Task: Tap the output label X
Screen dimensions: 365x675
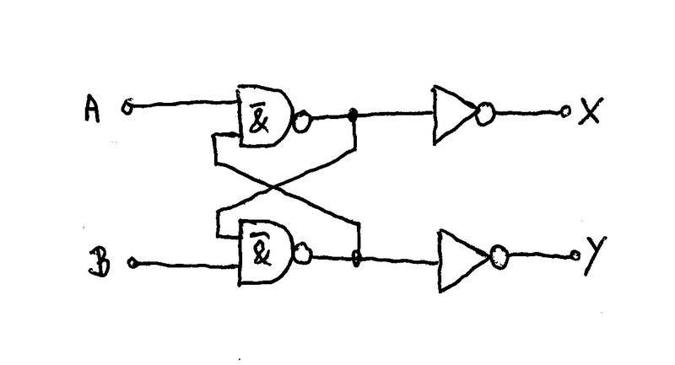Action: coord(589,111)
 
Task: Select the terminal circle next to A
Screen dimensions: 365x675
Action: coord(128,107)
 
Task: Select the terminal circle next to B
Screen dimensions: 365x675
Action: coord(132,263)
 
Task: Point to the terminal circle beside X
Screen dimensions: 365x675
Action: coord(566,111)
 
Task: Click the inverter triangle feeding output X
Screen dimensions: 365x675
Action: coord(453,114)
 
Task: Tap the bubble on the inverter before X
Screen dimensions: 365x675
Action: coord(485,114)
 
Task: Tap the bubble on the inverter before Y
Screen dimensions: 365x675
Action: coord(499,255)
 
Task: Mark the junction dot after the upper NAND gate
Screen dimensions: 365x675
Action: coord(354,115)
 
